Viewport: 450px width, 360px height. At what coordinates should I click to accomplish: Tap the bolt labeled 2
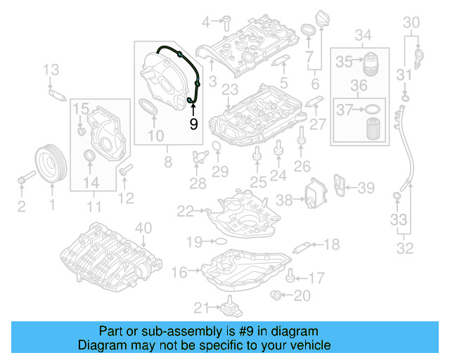tap(22, 180)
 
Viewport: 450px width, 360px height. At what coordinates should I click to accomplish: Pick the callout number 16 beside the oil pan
tap(180, 271)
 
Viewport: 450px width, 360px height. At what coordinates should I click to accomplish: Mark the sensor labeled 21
tap(227, 307)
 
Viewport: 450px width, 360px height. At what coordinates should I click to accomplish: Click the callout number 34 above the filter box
tap(363, 35)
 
